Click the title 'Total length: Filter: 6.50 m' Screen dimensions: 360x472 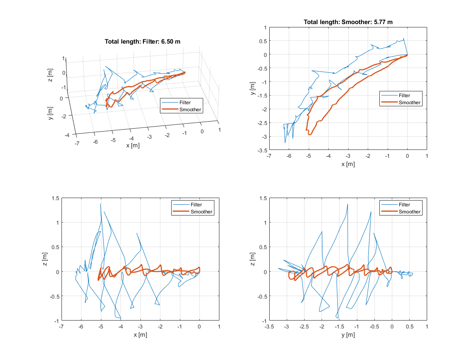click(143, 41)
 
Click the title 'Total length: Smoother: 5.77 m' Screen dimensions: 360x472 click(348, 22)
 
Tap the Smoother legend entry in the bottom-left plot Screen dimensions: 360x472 click(201, 212)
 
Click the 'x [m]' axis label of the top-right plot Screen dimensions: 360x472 click(348, 164)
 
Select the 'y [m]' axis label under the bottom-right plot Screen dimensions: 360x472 click(348, 335)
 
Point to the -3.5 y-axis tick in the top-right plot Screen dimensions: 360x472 click(262, 150)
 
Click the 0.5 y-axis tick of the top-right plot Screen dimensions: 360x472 click(263, 41)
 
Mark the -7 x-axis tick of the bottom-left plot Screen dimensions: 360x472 click(61, 327)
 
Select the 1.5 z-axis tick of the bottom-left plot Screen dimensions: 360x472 click(56, 198)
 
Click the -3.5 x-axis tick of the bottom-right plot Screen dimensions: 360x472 click(269, 327)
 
